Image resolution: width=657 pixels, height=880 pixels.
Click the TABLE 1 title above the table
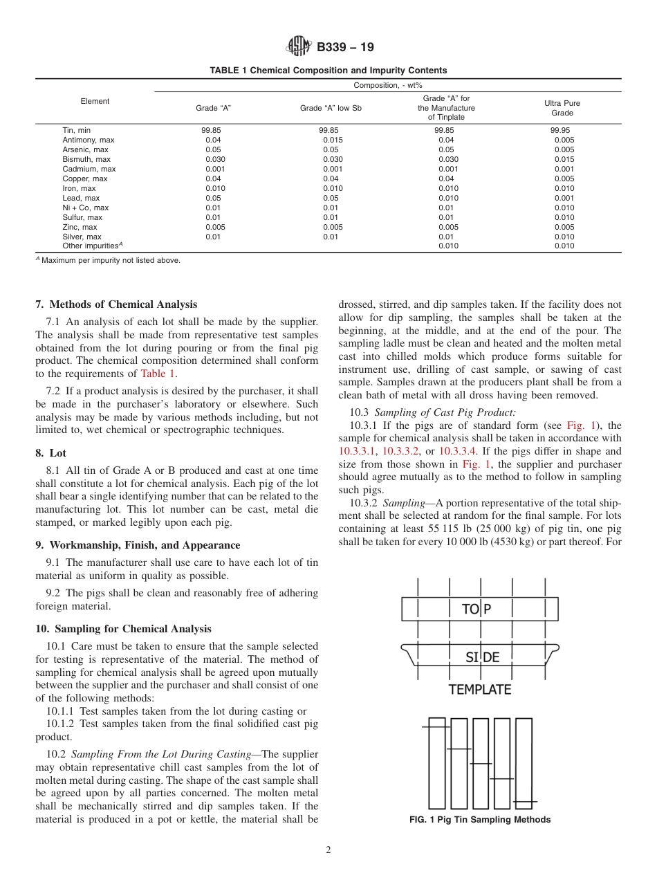point(328,71)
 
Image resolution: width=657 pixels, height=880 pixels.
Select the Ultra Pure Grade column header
point(562,108)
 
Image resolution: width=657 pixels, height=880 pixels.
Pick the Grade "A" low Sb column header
point(330,108)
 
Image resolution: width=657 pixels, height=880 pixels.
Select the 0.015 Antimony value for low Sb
point(333,140)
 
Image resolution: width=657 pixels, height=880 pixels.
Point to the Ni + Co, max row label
point(85,208)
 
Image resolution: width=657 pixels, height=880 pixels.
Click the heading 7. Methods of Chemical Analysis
point(116,304)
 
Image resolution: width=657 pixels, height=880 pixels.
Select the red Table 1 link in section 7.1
point(158,374)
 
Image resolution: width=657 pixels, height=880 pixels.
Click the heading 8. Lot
point(50,453)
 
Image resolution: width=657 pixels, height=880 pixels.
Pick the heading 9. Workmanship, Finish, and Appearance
point(138,545)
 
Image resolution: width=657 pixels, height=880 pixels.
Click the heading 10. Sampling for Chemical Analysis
point(123,629)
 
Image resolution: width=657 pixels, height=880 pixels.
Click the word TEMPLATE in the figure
point(479,690)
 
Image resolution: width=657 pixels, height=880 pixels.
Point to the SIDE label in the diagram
point(482,657)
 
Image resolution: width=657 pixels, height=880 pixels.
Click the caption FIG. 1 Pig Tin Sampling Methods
point(479,820)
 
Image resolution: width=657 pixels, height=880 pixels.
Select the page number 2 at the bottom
point(328,850)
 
